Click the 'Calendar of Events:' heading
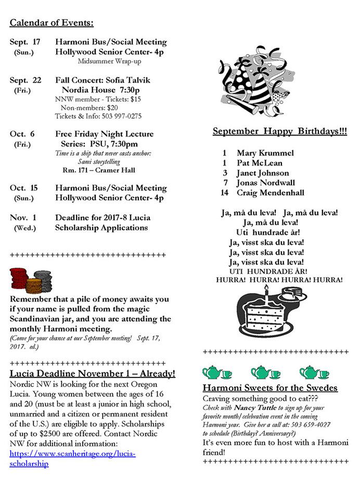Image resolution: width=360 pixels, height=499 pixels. tap(52, 23)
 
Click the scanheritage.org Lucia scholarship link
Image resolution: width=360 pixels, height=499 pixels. tap(72, 458)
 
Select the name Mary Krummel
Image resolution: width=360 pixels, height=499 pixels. tap(265, 153)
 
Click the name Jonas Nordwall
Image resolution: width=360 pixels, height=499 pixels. tap(266, 183)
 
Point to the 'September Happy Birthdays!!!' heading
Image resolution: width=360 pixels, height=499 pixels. tap(280, 132)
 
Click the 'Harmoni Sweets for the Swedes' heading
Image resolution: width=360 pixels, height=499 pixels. tap(270, 388)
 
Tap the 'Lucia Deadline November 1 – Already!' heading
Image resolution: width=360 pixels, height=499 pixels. tap(93, 373)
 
